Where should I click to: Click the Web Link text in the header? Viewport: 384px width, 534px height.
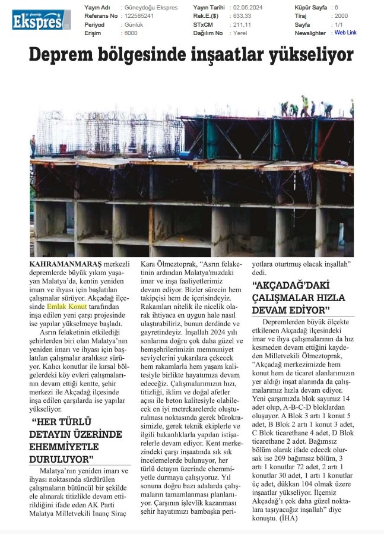point(345,33)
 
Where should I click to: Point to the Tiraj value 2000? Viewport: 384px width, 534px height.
point(341,16)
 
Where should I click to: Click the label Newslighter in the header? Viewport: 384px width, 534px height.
point(309,33)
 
